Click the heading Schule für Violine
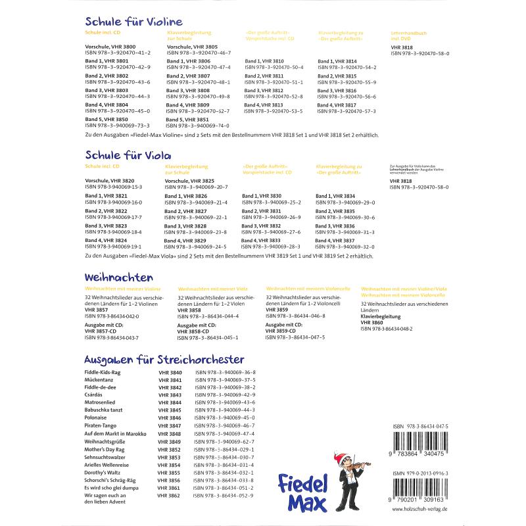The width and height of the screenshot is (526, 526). [133, 22]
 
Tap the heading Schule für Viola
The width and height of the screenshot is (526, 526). [128, 155]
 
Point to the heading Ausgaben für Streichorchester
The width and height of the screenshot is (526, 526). [164, 359]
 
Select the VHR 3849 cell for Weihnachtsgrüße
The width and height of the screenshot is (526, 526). [170, 442]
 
